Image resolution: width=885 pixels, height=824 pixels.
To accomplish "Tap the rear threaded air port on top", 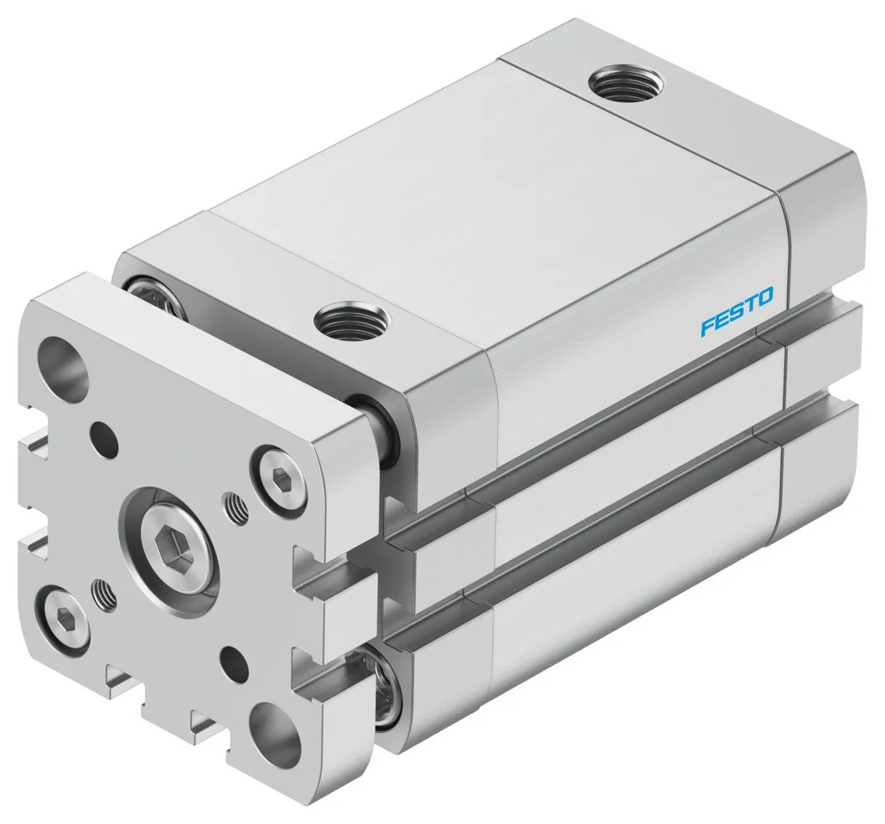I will pos(626,85).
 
